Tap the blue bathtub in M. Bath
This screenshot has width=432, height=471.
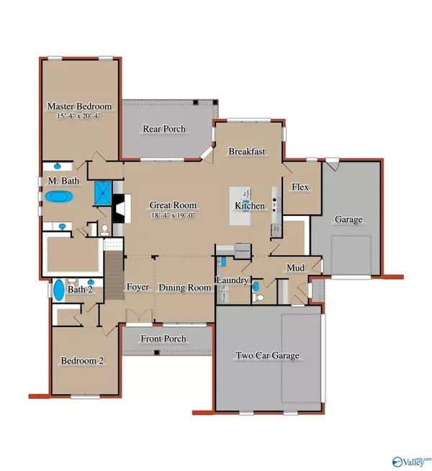[x=59, y=196]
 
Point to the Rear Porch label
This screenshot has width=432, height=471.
[x=165, y=129]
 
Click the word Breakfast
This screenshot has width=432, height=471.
[x=248, y=152]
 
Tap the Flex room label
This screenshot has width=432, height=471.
[x=300, y=187]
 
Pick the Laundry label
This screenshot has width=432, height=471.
[x=233, y=279]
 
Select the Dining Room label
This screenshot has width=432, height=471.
[x=185, y=287]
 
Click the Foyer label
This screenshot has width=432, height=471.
[x=138, y=287]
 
